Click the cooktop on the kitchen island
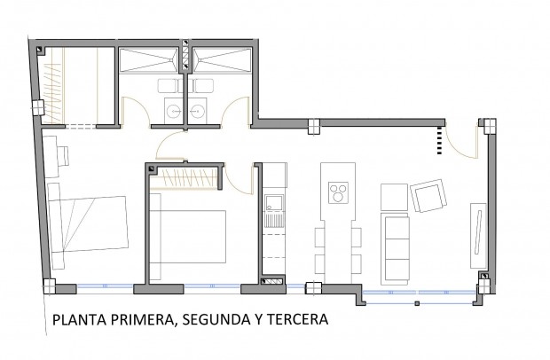click(337, 193)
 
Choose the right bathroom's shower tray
click(223, 59)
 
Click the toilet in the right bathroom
click(203, 86)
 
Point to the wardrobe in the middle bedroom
click(185, 178)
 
